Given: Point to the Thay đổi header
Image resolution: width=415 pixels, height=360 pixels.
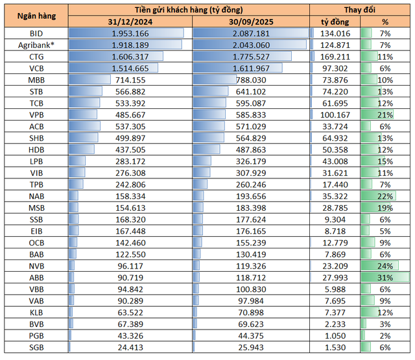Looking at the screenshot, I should (361, 9).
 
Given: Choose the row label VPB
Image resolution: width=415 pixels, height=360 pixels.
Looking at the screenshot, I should (37, 114).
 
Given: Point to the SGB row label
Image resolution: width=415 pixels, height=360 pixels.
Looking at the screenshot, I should (37, 348).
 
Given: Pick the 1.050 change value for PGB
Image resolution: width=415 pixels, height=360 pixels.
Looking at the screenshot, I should (339, 336).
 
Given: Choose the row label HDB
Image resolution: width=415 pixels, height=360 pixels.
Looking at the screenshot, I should (37, 149).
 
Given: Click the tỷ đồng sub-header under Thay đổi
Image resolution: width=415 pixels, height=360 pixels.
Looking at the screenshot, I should (335, 21).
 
